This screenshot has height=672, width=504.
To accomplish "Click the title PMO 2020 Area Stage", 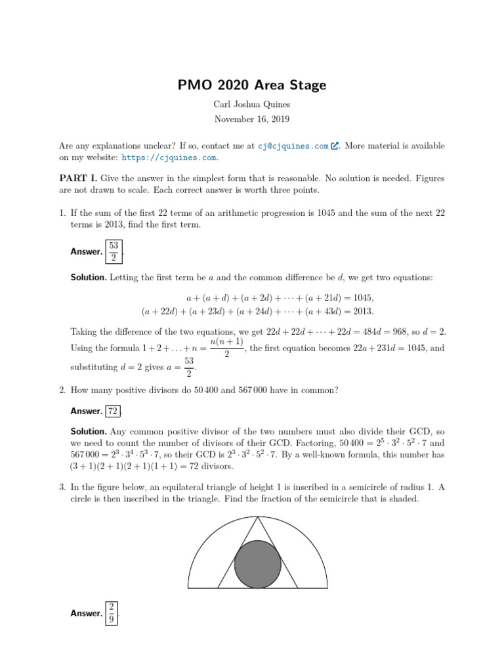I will point(252,85).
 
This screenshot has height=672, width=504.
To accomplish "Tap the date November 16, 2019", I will point(252,119).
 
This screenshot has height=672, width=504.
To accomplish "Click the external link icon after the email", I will point(335,146).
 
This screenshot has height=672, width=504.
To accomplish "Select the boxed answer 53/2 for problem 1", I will point(113,251).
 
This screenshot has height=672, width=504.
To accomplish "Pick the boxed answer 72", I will point(113,411).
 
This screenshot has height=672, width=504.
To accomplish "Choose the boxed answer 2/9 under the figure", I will point(112,613).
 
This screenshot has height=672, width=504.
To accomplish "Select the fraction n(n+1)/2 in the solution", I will point(226,348).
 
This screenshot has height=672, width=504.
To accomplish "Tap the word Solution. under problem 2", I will point(89,432).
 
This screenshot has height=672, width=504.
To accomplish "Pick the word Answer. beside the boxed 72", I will point(87,411).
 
